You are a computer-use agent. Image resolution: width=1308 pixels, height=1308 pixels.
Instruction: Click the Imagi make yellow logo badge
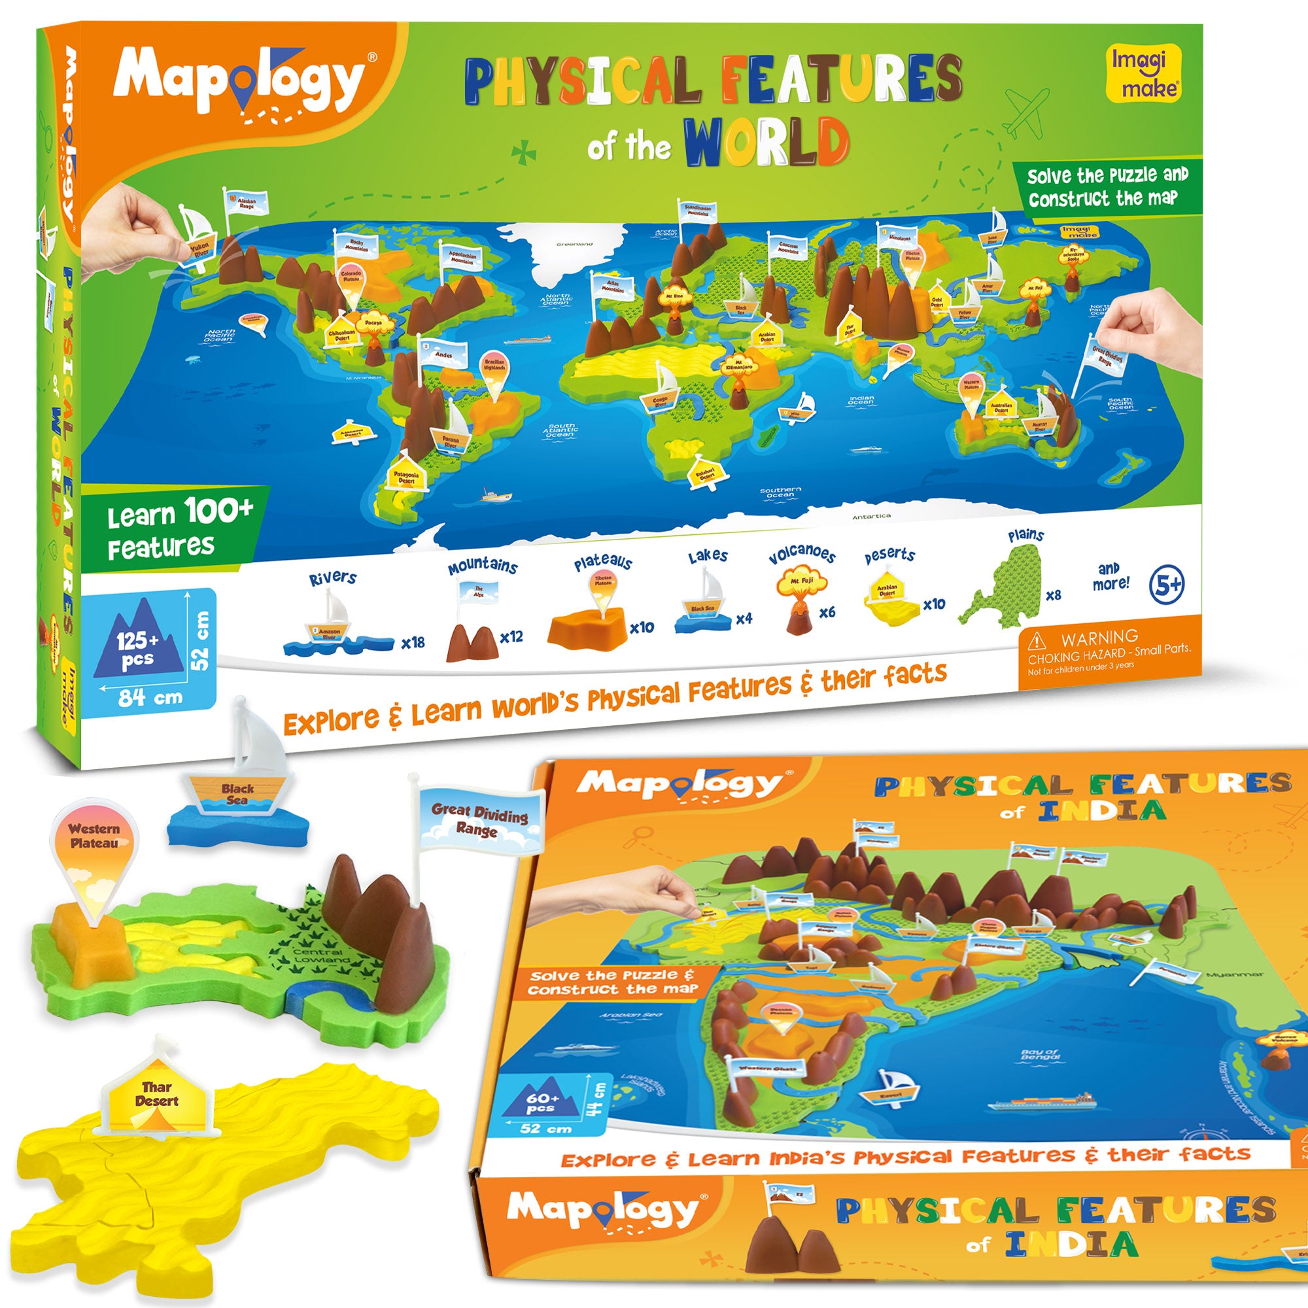click(1143, 73)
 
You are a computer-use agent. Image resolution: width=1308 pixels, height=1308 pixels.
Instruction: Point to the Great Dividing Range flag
click(479, 820)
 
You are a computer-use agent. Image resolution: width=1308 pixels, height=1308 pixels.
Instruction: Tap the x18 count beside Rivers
click(412, 642)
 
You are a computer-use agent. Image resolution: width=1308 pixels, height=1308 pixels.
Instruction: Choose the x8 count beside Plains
click(1054, 595)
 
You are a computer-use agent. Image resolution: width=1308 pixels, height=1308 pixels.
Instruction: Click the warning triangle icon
click(1037, 640)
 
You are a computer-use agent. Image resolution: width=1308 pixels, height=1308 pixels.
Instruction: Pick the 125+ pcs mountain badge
click(139, 644)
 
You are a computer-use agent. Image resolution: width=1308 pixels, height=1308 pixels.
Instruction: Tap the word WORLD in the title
click(766, 141)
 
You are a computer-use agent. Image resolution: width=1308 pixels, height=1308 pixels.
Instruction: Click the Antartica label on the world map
click(871, 517)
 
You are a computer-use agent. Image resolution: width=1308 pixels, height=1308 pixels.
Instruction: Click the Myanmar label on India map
click(1234, 974)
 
